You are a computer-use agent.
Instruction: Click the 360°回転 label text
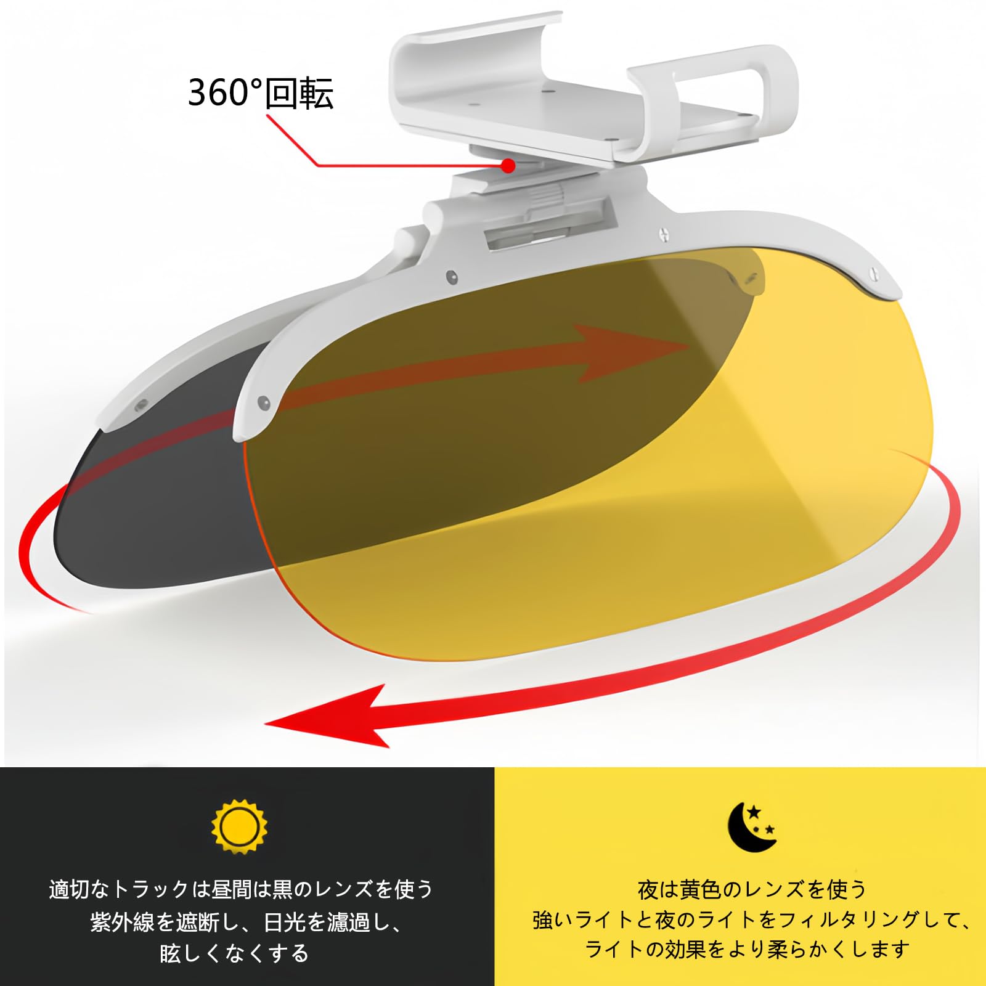(x=260, y=94)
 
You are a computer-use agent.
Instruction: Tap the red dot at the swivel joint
(x=508, y=165)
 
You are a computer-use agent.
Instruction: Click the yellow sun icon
(x=240, y=826)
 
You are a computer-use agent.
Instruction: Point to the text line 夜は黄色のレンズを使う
(x=752, y=889)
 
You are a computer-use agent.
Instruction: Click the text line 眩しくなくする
(x=234, y=953)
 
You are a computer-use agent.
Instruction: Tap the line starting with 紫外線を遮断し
(x=246, y=922)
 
